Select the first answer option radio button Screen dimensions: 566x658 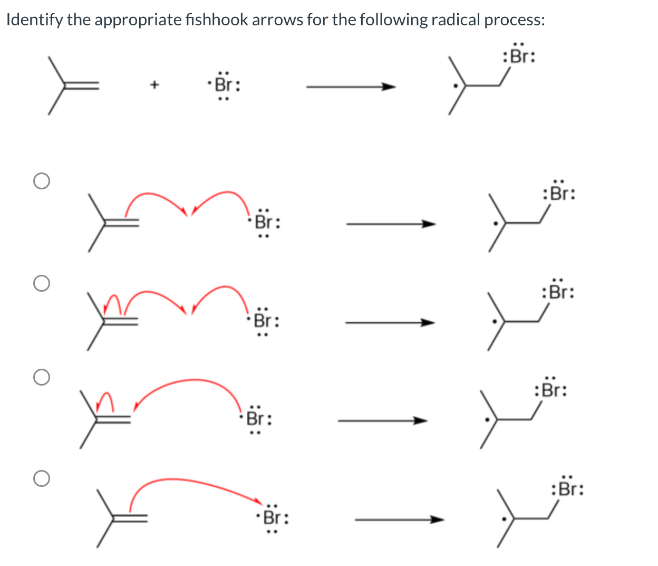click(41, 181)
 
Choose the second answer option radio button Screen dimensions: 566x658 click(41, 283)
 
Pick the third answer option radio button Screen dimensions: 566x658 click(41, 377)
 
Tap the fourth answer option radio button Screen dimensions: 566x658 click(41, 478)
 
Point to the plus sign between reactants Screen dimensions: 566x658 click(154, 84)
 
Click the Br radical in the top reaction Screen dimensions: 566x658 click(224, 84)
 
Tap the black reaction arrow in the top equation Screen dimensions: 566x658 click(351, 87)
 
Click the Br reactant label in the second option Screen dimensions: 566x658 click(263, 320)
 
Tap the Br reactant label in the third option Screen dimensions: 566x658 click(256, 419)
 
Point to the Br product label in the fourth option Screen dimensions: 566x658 click(567, 489)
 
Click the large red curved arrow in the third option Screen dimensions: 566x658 click(190, 382)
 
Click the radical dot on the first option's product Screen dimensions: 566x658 click(495, 223)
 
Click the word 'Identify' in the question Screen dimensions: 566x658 click(34, 20)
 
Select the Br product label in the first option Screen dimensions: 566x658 click(559, 194)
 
